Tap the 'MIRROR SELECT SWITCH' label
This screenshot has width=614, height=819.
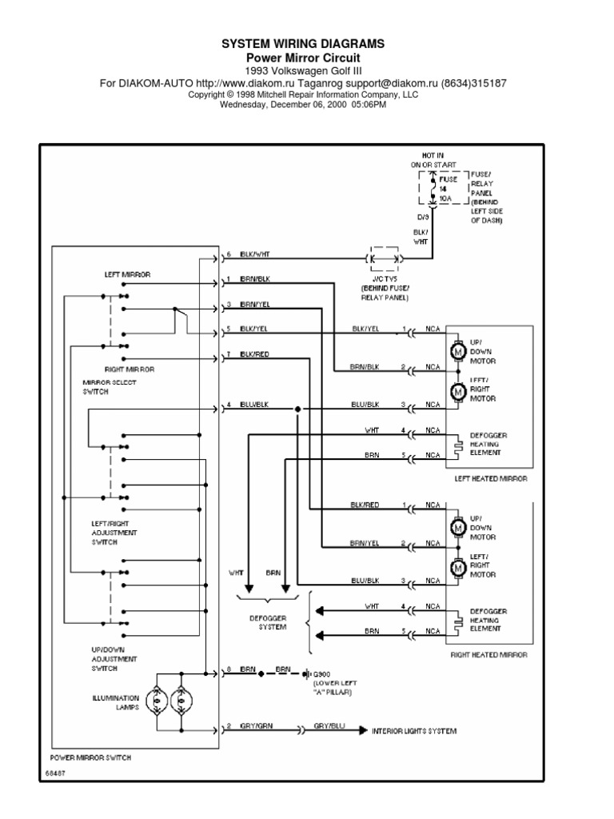[110, 388]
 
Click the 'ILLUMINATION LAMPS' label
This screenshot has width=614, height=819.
[116, 702]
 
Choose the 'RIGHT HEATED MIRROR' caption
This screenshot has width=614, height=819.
[488, 654]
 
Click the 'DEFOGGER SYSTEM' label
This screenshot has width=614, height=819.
[272, 622]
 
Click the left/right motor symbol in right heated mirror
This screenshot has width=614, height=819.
[459, 568]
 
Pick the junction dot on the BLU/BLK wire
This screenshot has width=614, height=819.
[297, 409]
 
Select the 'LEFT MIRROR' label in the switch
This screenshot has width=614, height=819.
[127, 274]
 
